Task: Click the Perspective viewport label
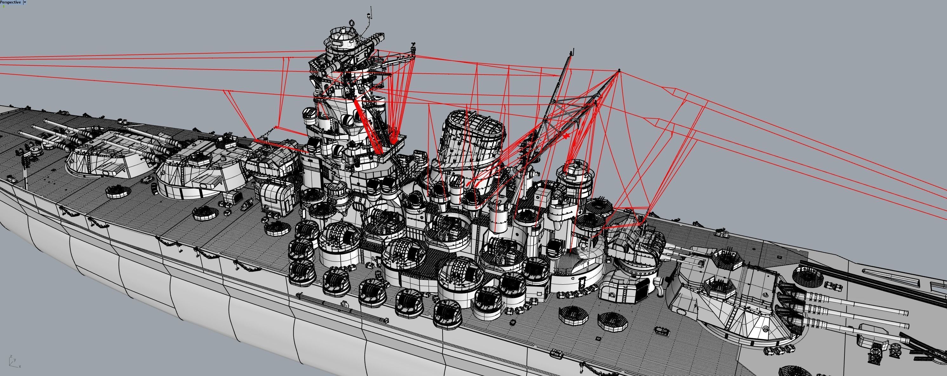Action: pos(10,2)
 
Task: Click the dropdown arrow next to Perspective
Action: pos(25,2)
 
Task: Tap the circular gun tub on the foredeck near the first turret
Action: pos(118,192)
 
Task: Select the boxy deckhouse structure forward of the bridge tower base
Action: pos(274,199)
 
